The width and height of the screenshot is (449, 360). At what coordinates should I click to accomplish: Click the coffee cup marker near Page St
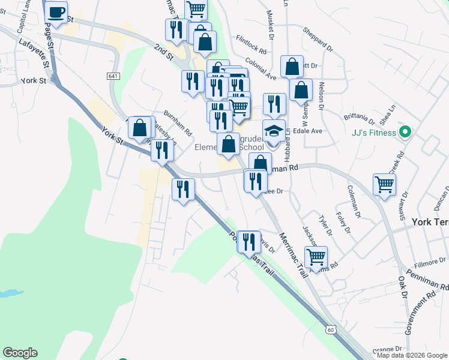[56, 13]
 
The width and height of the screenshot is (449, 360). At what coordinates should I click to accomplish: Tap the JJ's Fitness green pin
[405, 132]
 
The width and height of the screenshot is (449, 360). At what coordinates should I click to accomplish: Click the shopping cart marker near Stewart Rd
[384, 184]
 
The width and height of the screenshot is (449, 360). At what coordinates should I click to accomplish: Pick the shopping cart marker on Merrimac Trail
[316, 257]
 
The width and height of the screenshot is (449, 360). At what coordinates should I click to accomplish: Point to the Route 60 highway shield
[331, 329]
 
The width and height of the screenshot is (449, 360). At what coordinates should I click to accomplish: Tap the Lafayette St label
[35, 51]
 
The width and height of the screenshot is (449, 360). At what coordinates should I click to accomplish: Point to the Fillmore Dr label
[430, 262]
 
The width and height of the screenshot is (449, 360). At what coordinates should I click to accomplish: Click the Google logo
[20, 353]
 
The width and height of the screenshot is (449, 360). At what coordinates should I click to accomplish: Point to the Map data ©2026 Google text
[412, 355]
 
